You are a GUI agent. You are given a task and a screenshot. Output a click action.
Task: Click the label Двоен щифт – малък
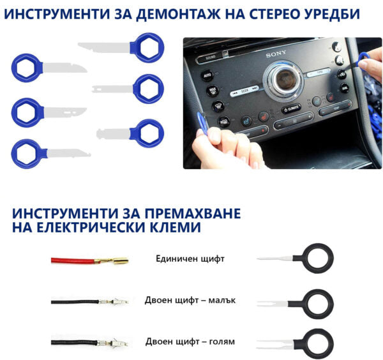(x=190, y=300)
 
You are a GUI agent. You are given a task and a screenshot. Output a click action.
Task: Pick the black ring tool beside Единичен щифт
(x=317, y=259)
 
